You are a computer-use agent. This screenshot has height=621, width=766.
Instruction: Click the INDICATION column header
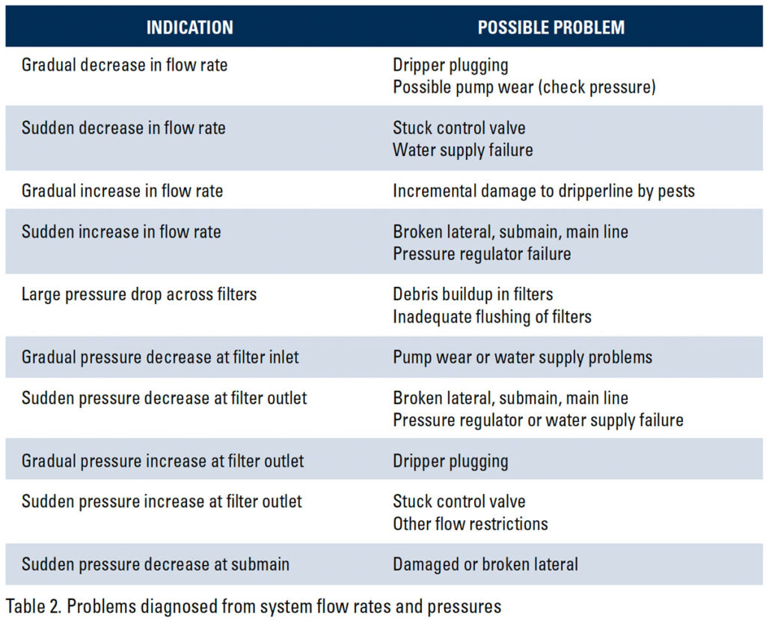pos(189,28)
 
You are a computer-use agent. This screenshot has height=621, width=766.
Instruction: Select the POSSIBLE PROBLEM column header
pos(551,28)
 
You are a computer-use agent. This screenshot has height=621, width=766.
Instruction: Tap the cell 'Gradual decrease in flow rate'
pos(125,65)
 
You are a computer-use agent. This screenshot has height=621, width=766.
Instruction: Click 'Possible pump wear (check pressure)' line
pos(524,87)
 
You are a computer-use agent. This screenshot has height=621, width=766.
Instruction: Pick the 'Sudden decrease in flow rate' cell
pos(123,128)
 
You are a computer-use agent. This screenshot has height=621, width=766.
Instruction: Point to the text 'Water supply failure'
pos(462,150)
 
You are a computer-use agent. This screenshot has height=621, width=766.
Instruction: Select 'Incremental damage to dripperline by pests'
pos(544,191)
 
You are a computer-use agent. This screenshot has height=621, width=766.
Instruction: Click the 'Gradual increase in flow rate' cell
pos(122,191)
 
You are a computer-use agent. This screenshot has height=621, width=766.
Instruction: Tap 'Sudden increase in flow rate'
pos(121,232)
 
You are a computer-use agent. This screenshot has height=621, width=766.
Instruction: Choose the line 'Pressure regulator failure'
pos(482,254)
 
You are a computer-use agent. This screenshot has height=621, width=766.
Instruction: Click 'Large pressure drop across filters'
pos(139,294)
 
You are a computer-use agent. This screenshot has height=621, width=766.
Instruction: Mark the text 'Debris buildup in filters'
pos(473,294)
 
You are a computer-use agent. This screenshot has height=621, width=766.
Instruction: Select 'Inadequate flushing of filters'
pos(492,317)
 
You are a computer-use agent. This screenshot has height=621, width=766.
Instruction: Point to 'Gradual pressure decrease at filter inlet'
pos(160,357)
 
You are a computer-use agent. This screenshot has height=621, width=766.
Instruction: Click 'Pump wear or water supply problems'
pos(522,357)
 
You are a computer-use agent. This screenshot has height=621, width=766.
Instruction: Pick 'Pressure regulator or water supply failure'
pos(538,420)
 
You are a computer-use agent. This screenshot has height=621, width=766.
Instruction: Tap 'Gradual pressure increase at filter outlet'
pos(162,461)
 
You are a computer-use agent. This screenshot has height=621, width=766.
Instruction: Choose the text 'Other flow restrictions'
pos(471,524)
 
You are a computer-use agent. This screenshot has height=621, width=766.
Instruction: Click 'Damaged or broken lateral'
pos(485,564)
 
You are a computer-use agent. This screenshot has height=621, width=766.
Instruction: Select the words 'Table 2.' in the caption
pos(33,606)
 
